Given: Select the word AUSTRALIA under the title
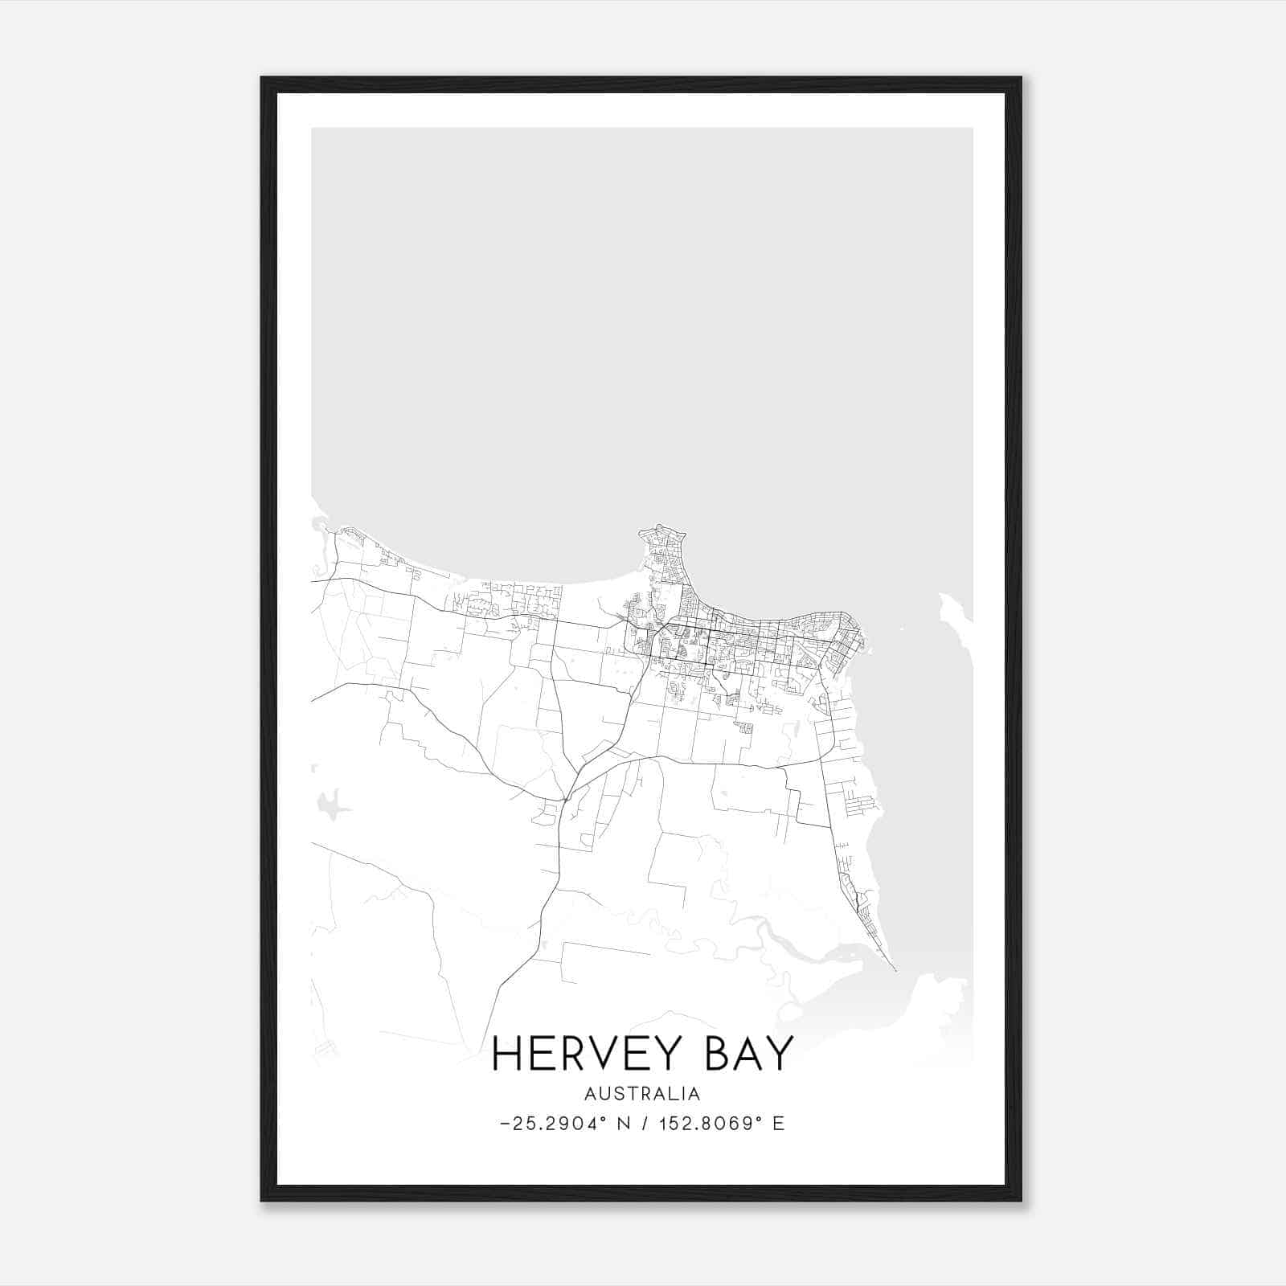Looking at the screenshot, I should point(642,1094).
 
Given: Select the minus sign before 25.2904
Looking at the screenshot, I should point(504,1124).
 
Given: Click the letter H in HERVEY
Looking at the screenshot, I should point(506,1054).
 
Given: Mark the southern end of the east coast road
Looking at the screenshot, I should point(895,969).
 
